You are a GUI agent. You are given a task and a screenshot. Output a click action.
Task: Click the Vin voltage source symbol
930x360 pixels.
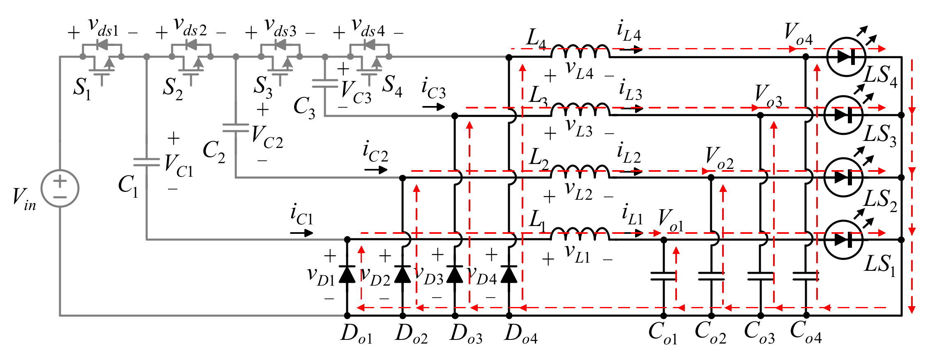[60, 188]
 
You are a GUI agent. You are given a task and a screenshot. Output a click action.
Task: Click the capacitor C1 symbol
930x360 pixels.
[147, 162]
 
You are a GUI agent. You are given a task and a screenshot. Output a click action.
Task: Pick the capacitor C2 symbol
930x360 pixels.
[236, 128]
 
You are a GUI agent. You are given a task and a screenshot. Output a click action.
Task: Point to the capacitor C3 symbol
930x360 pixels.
[325, 84]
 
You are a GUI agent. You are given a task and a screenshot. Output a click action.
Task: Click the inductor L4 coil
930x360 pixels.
[580, 52]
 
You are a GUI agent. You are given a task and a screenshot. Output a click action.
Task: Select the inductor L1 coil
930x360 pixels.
[580, 234]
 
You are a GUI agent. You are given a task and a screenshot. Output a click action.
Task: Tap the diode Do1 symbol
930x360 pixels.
[347, 274]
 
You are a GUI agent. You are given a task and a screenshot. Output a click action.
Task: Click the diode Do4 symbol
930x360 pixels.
[509, 274]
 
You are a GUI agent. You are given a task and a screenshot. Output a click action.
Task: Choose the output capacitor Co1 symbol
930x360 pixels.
[663, 276]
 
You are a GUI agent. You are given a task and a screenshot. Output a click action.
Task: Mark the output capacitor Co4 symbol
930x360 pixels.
[806, 276]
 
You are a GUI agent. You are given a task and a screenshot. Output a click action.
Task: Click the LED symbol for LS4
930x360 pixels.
[846, 57]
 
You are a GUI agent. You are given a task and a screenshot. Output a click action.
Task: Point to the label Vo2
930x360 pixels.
[719, 159]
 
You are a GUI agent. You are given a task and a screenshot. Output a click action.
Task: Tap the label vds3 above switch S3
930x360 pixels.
[280, 28]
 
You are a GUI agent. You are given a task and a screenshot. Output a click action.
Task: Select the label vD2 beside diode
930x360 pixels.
[375, 276]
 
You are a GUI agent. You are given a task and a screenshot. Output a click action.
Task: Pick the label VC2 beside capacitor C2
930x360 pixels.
[267, 137]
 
